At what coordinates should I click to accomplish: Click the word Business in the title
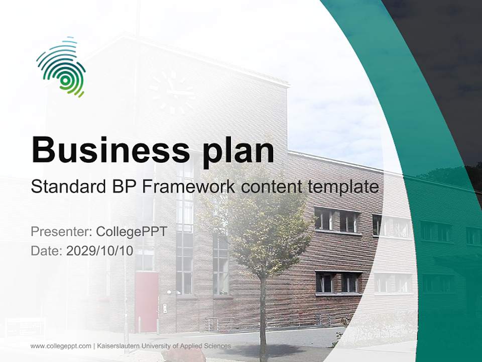(x=110, y=149)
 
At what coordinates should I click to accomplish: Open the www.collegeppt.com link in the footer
(x=61, y=346)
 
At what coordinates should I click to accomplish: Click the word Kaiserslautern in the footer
(x=119, y=346)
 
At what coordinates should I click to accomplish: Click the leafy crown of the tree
(x=261, y=221)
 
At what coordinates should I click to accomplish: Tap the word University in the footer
(x=160, y=346)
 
